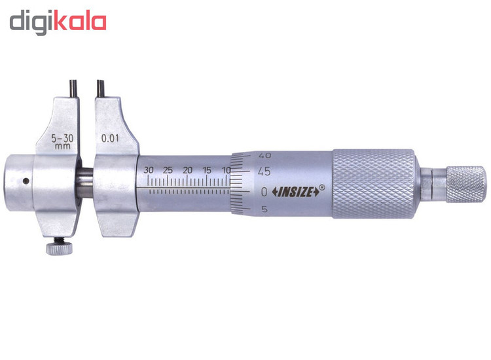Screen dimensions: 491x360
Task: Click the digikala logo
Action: point(58,22)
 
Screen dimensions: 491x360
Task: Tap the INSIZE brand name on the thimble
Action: point(296,192)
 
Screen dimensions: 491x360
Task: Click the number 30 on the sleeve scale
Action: point(149,170)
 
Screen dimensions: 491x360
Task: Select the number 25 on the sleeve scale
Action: point(168,170)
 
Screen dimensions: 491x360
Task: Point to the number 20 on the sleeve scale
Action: point(188,170)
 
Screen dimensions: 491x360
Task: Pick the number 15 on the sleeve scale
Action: point(207,170)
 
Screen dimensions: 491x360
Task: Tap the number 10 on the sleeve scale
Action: point(226,170)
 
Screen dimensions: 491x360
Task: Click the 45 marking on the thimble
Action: point(264,171)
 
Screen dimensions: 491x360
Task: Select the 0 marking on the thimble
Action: point(264,192)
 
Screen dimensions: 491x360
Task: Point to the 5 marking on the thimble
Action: point(264,209)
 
